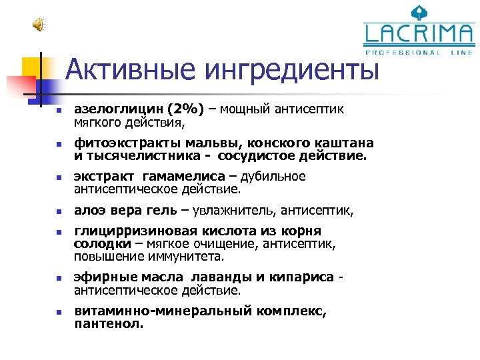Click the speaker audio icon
(38, 25)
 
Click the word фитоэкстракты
(121, 143)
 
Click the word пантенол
(109, 324)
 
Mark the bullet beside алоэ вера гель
(58, 212)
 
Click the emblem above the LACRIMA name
(419, 12)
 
